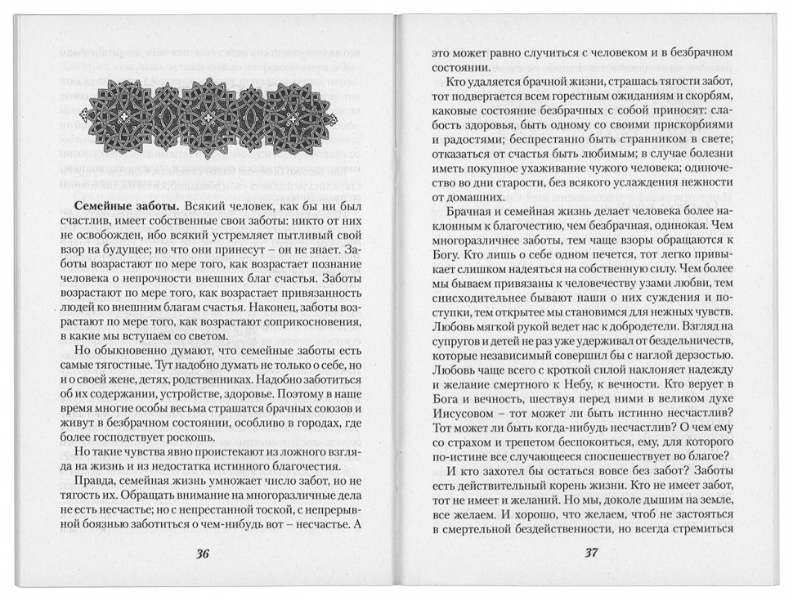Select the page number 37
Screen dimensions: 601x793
(592, 553)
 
